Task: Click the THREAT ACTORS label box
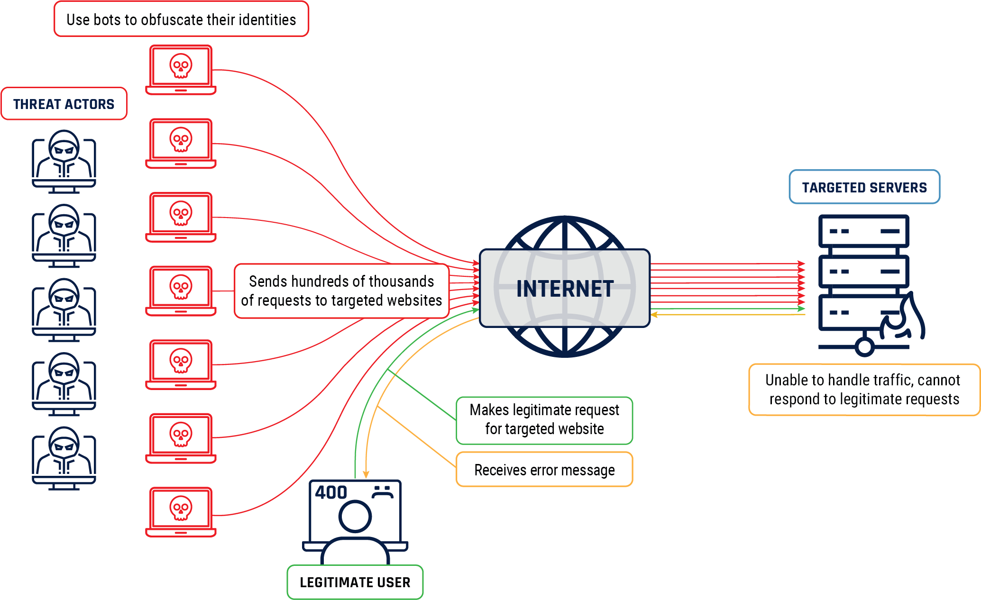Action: coord(64,104)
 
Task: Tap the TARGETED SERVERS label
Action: coord(864,187)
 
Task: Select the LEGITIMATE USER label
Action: coord(355,582)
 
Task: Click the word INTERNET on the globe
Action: coord(565,289)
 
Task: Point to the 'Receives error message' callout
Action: coord(544,470)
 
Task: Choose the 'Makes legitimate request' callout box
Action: coord(544,419)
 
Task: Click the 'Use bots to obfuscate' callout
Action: coord(181,19)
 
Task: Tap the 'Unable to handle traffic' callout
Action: coord(863,390)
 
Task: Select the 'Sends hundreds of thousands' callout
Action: coord(341,291)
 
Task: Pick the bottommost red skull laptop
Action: coord(181,511)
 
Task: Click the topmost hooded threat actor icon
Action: coord(64,161)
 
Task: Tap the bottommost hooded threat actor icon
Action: coord(64,458)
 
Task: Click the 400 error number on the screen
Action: coord(331,492)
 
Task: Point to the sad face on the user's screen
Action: coord(382,492)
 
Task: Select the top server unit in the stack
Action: coord(863,231)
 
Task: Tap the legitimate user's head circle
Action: coord(355,517)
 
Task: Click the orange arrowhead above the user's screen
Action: coord(366,474)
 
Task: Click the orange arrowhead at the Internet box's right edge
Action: coord(654,315)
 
